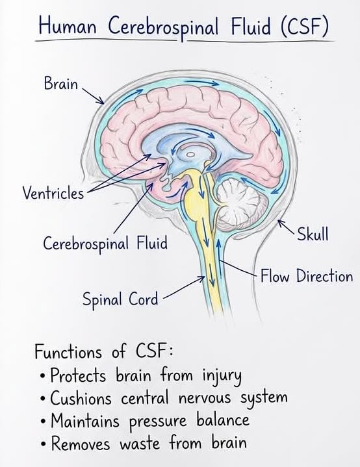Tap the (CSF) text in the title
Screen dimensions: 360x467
[x=305, y=27]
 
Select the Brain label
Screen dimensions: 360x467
[x=61, y=83]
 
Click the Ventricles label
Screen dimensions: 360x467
[x=53, y=194]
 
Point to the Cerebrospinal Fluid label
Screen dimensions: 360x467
[x=105, y=244]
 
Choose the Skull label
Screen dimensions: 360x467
[x=313, y=234]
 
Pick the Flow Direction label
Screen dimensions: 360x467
[x=307, y=276]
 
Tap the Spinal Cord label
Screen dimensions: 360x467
[x=120, y=299]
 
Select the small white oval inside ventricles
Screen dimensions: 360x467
[x=191, y=155]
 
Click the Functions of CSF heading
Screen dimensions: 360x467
[x=104, y=351]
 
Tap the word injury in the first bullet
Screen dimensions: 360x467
[x=222, y=375]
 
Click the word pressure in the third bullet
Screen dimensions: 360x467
[x=158, y=422]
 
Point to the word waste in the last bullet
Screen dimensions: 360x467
[x=140, y=444]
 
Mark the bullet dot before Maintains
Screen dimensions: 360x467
[x=44, y=422]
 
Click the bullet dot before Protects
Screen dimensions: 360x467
[x=43, y=375]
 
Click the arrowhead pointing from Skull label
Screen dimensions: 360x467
[x=279, y=223]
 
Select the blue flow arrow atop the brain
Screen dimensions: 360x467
[x=201, y=82]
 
